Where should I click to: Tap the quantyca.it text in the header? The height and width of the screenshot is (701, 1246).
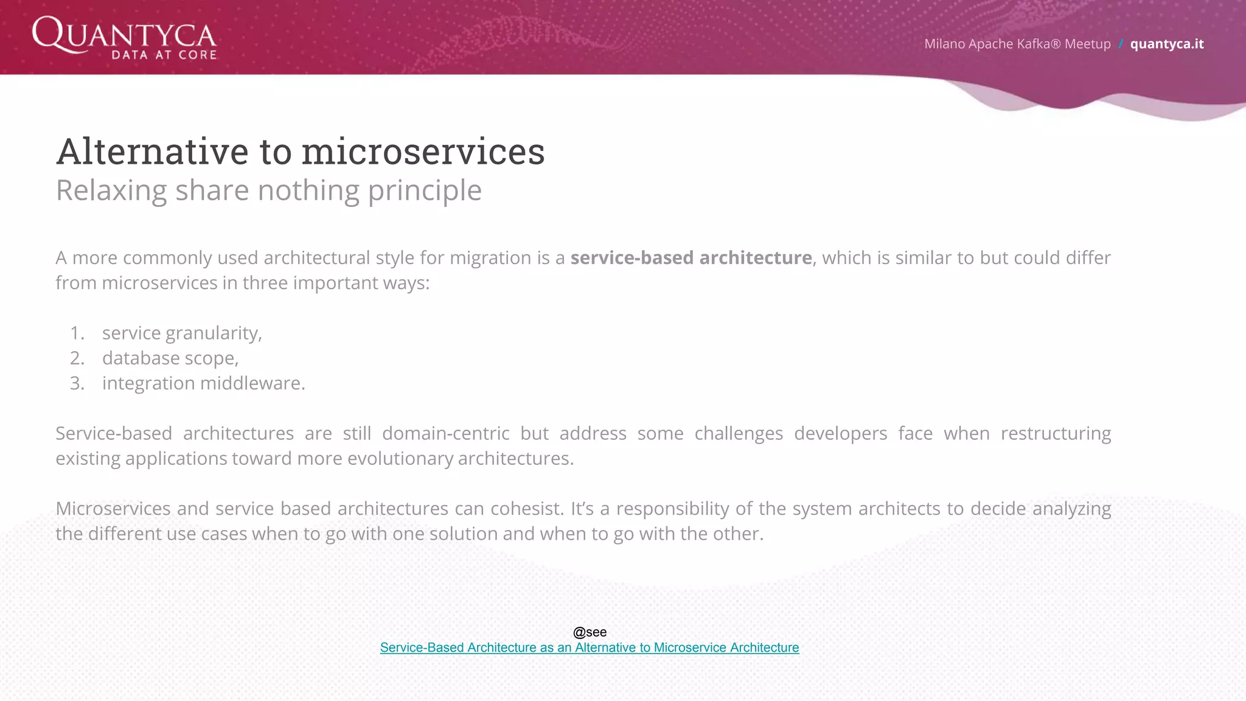click(x=1166, y=44)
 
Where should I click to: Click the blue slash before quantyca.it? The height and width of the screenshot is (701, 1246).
click(x=1120, y=44)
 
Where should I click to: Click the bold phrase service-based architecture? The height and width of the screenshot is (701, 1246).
click(x=691, y=258)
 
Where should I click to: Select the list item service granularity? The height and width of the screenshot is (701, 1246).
click(x=181, y=333)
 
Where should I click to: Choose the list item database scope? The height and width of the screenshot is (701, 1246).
click(x=170, y=358)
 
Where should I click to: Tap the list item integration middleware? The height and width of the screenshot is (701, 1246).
click(x=203, y=383)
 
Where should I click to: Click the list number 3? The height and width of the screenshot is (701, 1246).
click(x=77, y=383)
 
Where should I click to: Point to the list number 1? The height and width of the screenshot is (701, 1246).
click(x=77, y=333)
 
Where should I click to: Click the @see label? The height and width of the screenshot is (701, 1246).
click(x=590, y=632)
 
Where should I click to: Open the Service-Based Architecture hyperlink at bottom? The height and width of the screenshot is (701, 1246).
click(x=589, y=647)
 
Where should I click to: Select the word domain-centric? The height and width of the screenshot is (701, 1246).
click(x=445, y=433)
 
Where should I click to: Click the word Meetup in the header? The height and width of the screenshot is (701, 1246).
click(x=1087, y=44)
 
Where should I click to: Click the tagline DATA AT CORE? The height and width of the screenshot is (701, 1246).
click(x=164, y=55)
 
